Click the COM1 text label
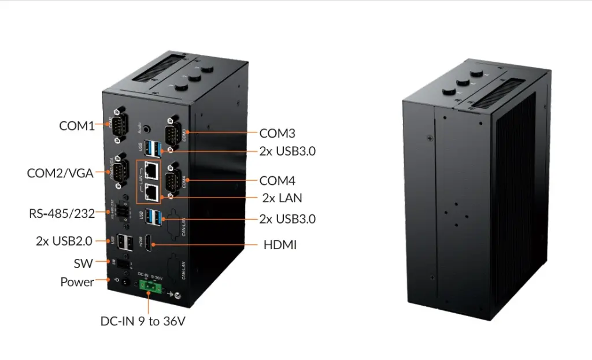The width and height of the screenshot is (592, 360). [x=77, y=125]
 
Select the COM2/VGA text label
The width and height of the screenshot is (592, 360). [x=60, y=173]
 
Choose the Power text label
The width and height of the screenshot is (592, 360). [x=77, y=282]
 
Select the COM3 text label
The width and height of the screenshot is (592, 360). [x=277, y=133]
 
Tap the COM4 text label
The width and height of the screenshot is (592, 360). [x=277, y=180]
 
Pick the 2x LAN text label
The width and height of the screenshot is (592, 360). [x=282, y=198]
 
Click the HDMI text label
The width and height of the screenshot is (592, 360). [x=280, y=245]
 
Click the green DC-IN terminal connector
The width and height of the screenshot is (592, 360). [x=148, y=287]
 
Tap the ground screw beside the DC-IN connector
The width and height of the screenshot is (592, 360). [x=178, y=296]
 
